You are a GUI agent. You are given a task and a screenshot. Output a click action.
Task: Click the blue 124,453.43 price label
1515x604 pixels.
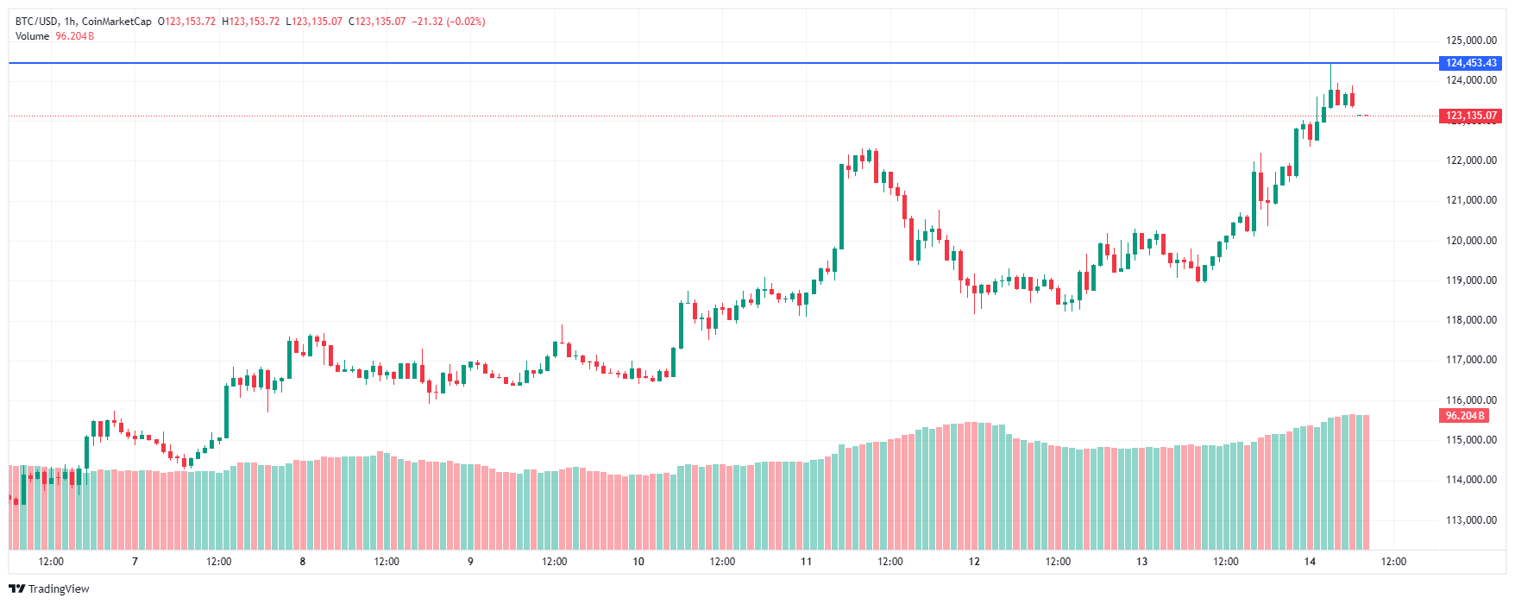pyautogui.click(x=1471, y=63)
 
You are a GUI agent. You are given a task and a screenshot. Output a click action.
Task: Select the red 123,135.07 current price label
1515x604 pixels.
pyautogui.click(x=1471, y=116)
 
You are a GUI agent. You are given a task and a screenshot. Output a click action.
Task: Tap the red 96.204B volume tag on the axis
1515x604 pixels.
pyautogui.click(x=1464, y=416)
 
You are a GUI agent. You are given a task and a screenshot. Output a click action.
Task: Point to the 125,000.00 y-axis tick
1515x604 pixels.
pyautogui.click(x=1471, y=41)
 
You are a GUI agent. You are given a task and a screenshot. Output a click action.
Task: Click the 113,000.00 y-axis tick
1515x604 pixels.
pyautogui.click(x=1471, y=520)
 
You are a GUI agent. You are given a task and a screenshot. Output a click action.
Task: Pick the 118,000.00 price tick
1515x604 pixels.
pyautogui.click(x=1471, y=320)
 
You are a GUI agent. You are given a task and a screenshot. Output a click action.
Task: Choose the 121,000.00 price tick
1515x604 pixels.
pyautogui.click(x=1471, y=200)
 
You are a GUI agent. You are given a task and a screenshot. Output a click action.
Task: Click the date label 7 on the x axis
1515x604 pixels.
pyautogui.click(x=135, y=562)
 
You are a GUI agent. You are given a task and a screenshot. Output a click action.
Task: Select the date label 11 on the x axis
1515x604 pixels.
pyautogui.click(x=806, y=562)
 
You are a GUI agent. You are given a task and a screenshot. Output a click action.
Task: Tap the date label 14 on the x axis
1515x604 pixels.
pyautogui.click(x=1310, y=562)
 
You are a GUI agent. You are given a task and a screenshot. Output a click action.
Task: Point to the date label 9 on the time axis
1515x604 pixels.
pyautogui.click(x=470, y=562)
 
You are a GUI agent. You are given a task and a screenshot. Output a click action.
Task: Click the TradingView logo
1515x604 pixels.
pyautogui.click(x=49, y=588)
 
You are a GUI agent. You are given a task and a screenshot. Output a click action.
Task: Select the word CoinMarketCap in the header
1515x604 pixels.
pyautogui.click(x=116, y=22)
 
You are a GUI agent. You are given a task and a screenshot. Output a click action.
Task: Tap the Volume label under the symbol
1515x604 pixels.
pyautogui.click(x=32, y=36)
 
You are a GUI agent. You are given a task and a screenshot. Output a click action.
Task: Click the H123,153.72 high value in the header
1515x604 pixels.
pyautogui.click(x=251, y=22)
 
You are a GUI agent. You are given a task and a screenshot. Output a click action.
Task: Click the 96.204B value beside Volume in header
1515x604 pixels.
pyautogui.click(x=75, y=36)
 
